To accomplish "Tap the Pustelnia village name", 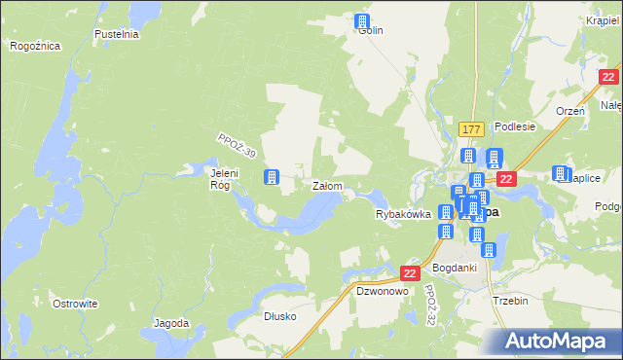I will pyautogui.click(x=117, y=34).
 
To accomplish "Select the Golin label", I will pyautogui.click(x=371, y=31).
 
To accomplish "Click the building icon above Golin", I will pyautogui.click(x=363, y=20).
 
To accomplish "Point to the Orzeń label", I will pyautogui.click(x=569, y=111).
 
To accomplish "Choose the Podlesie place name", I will pyautogui.click(x=515, y=126).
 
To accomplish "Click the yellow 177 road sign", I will pyautogui.click(x=472, y=129).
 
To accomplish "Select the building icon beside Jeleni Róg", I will pyautogui.click(x=272, y=176).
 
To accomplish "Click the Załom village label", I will pyautogui.click(x=326, y=185).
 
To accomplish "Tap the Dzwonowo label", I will pyautogui.click(x=381, y=291).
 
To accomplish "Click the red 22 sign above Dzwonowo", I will pyautogui.click(x=410, y=274).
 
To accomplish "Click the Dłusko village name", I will pyautogui.click(x=279, y=316).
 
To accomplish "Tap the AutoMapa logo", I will pyautogui.click(x=561, y=341).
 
